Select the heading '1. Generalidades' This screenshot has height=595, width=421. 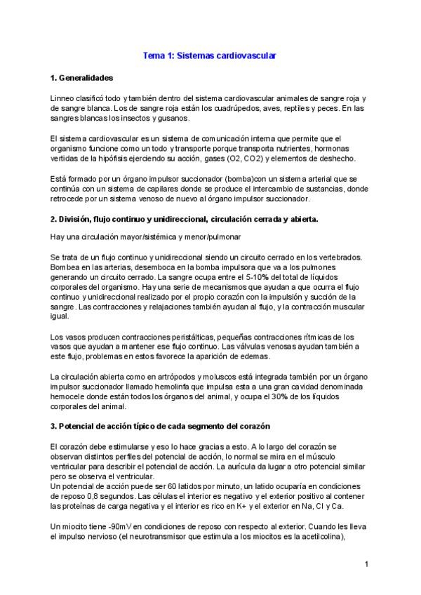[81, 77]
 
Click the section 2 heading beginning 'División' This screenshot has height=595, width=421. [184, 219]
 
